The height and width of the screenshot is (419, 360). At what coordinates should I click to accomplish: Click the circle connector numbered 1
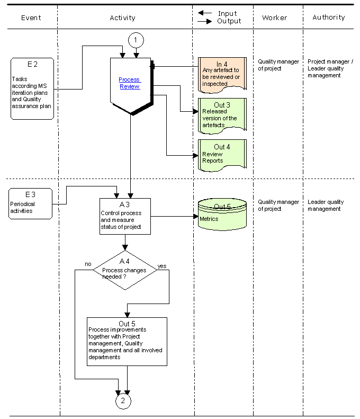[x=136, y=40]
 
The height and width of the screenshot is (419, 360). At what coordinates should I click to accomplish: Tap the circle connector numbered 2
[x=123, y=401]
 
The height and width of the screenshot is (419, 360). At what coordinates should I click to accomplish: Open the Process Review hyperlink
[x=130, y=83]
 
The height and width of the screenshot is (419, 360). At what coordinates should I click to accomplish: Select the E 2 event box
[x=32, y=88]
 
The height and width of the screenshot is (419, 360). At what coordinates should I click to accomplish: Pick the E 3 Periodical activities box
[x=31, y=203]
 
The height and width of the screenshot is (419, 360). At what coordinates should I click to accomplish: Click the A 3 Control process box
[x=125, y=216]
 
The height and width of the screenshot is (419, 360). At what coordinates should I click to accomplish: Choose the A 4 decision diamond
[x=125, y=270]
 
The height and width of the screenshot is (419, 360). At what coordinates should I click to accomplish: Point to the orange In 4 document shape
[x=222, y=75]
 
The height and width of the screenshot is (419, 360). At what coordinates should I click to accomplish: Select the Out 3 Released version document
[x=222, y=116]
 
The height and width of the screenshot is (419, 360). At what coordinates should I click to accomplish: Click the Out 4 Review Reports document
[x=222, y=155]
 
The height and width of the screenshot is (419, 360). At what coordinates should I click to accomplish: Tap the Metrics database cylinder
[x=222, y=215]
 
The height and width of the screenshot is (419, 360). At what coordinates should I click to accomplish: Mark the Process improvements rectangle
[x=127, y=342]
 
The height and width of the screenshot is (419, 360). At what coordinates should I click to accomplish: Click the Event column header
[x=31, y=17]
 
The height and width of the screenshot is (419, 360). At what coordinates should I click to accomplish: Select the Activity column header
[x=123, y=17]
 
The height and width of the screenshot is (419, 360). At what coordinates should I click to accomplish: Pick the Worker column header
[x=275, y=17]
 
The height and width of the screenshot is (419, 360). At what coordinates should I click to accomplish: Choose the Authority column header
[x=329, y=17]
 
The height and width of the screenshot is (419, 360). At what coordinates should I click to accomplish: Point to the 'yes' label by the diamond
[x=162, y=266]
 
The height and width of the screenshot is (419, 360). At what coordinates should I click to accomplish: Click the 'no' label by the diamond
[x=88, y=264]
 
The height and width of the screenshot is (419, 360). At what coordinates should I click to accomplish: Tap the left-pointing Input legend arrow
[x=205, y=13]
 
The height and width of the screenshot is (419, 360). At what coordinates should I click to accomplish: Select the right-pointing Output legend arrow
[x=205, y=21]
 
